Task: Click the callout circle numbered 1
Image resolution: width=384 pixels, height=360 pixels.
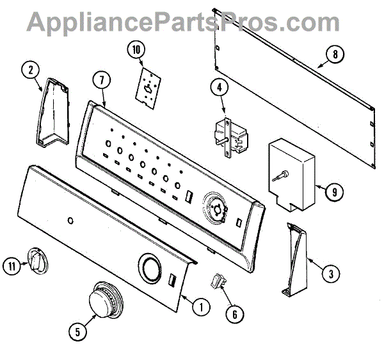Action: coord(201,307)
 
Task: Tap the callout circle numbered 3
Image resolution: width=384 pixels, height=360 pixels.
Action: coord(330,275)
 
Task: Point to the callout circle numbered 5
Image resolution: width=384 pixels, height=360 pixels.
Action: coord(77,331)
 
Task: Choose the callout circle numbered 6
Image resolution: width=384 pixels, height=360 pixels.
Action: coord(234,314)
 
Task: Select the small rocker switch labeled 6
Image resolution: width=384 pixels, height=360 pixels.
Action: coord(220,279)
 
